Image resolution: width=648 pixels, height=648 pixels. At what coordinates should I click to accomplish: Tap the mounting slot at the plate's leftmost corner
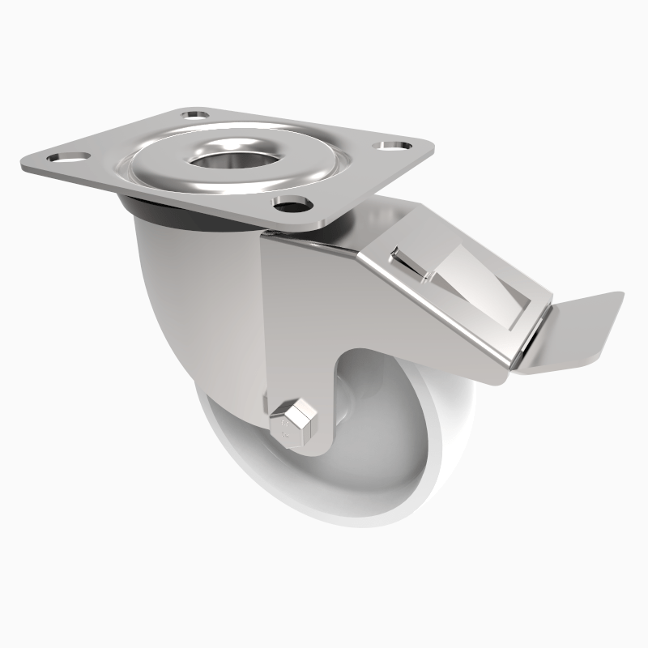[67, 156]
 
